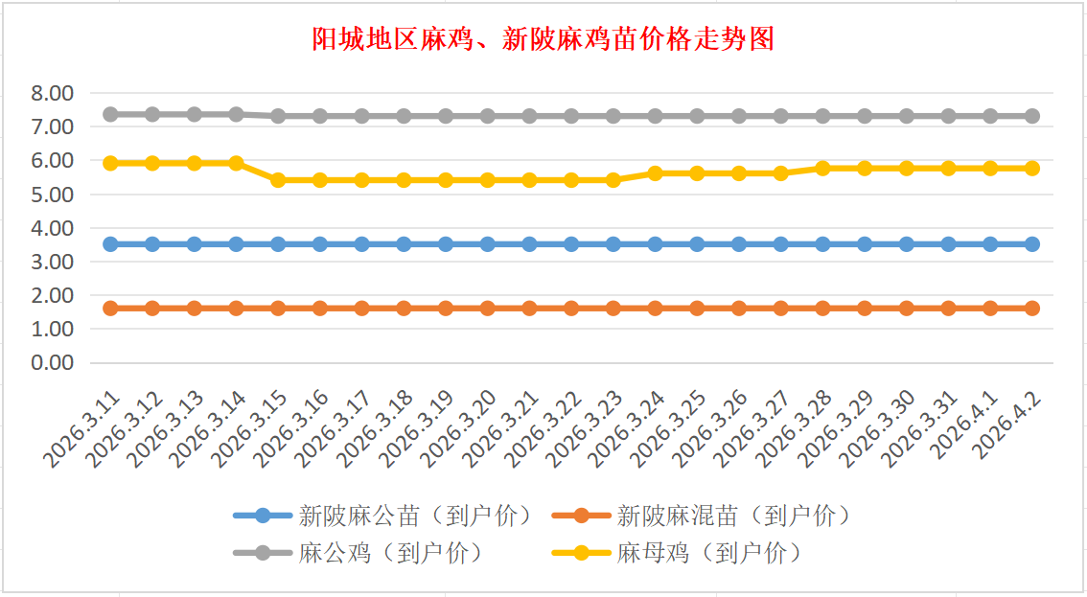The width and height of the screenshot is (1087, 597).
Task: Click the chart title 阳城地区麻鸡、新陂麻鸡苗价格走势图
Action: pos(543,39)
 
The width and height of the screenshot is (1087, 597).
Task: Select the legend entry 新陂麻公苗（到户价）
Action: pos(414,516)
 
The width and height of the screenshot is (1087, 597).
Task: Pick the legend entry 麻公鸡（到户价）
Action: pos(390,553)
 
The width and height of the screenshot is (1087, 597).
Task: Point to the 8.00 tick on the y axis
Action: pos(52,93)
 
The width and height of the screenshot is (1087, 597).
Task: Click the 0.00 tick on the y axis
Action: pos(52,363)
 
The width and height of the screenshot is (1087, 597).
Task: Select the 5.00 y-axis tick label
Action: pos(52,195)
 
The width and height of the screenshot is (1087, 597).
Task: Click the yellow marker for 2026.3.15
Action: pos(278,179)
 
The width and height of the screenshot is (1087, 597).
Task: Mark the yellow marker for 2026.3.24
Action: pos(655,173)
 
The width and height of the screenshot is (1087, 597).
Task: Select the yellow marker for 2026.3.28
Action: pos(822,168)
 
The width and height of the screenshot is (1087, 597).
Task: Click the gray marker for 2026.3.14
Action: pos(236,114)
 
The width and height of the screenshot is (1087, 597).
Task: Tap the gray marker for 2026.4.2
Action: pos(1032,116)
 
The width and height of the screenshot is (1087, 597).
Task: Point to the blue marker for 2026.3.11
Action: pos(110,244)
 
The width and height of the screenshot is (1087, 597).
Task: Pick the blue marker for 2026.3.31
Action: pos(948,244)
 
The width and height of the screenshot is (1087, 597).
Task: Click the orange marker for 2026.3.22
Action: pos(571,309)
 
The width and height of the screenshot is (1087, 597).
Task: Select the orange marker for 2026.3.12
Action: pos(152,309)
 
